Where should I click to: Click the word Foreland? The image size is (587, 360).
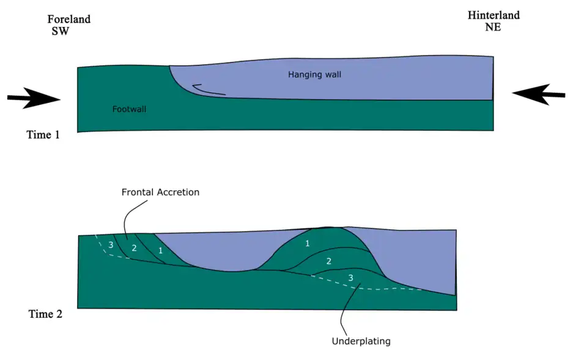tap(69, 19)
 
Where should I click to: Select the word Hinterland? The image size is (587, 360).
tap(493, 15)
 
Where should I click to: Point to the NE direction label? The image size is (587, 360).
tap(492, 27)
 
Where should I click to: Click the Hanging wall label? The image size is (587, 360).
tap(314, 75)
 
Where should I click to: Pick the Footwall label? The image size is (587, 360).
tap(130, 109)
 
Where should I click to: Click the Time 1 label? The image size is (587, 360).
tap(43, 134)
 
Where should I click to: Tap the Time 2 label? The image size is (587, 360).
tap(45, 314)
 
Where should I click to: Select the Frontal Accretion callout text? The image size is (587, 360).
tap(160, 192)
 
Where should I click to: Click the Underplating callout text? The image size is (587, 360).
tap(361, 341)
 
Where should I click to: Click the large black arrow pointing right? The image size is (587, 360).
tap(34, 98)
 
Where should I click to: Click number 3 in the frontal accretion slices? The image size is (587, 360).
tap(111, 245)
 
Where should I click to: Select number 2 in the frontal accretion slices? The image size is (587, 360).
tap(134, 248)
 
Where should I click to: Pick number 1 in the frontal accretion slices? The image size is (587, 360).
tap(160, 251)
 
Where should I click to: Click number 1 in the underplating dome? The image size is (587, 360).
tap(307, 243)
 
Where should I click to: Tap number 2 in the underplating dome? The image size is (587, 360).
tap(328, 261)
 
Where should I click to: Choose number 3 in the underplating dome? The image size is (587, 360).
tap(350, 277)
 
